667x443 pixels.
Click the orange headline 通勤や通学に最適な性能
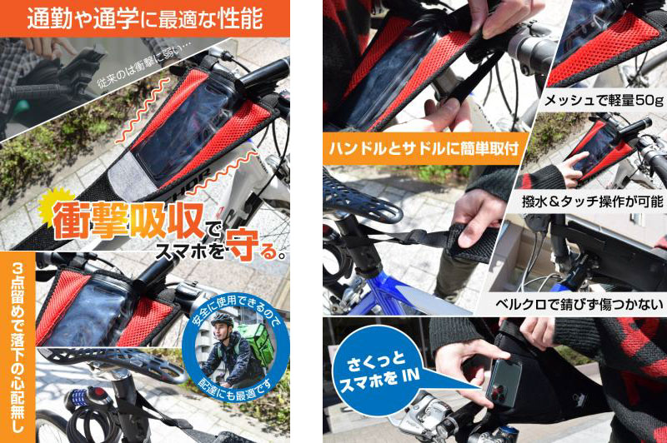[144, 18]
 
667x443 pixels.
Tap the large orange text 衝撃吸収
[128, 220]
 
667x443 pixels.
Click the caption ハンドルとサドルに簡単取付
[424, 149]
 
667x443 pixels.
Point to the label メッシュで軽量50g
[604, 100]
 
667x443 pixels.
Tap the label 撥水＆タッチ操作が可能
[593, 202]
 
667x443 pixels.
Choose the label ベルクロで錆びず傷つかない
[579, 304]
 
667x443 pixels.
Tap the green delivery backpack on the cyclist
[255, 344]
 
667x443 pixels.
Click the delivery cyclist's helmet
[222, 320]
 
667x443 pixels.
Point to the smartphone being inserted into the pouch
[504, 382]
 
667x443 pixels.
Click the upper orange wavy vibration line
[143, 109]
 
